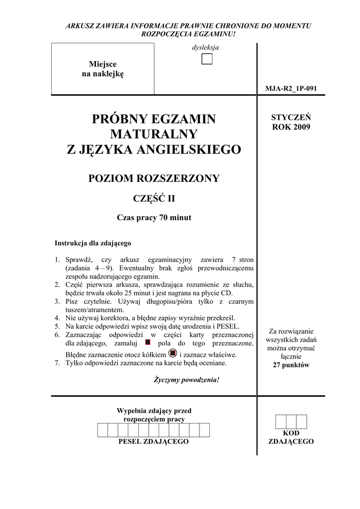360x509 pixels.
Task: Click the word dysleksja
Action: click(x=206, y=48)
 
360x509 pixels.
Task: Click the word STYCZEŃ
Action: click(x=291, y=117)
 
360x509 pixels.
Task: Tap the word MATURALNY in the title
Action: click(x=154, y=134)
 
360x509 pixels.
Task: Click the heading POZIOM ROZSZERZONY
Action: click(x=154, y=178)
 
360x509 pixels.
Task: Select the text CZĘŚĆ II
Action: click(x=154, y=199)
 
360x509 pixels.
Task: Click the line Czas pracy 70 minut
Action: click(x=154, y=217)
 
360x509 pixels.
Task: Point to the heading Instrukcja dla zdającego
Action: click(x=92, y=244)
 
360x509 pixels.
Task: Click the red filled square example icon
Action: click(x=147, y=342)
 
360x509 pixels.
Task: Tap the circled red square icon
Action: click(x=173, y=353)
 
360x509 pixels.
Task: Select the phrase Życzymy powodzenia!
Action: click(x=186, y=380)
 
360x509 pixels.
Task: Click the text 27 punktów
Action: click(x=291, y=365)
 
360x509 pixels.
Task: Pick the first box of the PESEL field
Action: click(x=103, y=430)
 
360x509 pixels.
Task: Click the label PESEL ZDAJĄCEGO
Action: click(x=154, y=441)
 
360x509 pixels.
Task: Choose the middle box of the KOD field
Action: click(x=291, y=422)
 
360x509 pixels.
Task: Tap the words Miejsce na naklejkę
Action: click(x=102, y=69)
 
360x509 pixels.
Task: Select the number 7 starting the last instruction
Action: click(x=57, y=363)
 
